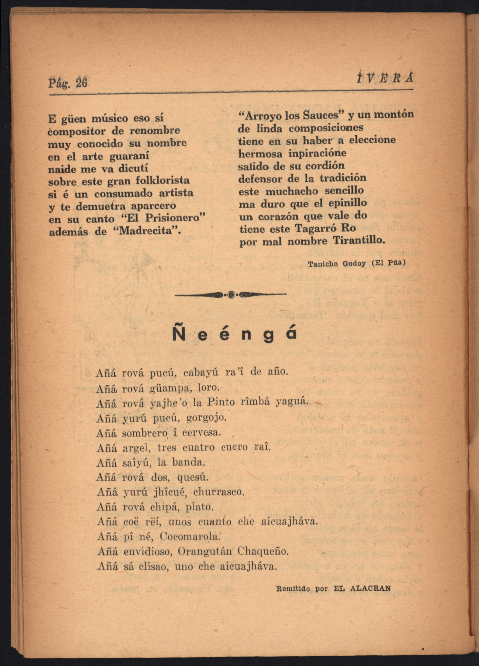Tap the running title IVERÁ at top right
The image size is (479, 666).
(385, 79)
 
